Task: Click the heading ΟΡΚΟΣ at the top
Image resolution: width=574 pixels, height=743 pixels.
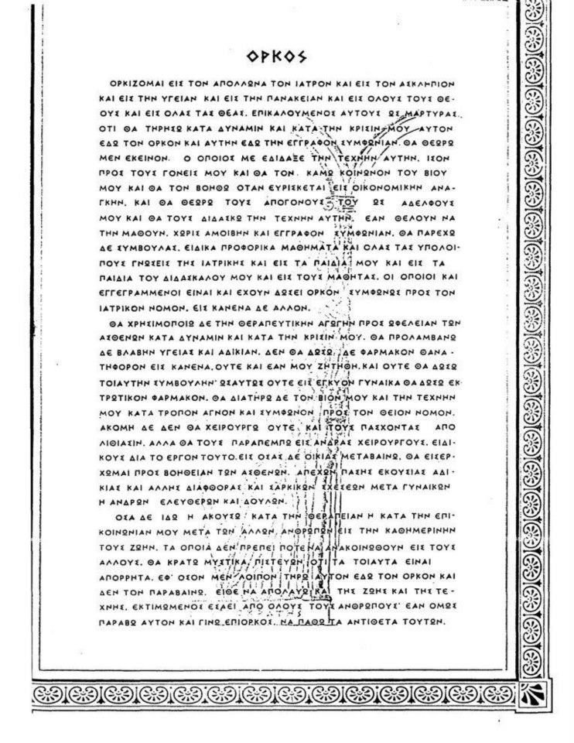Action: tap(276, 56)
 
